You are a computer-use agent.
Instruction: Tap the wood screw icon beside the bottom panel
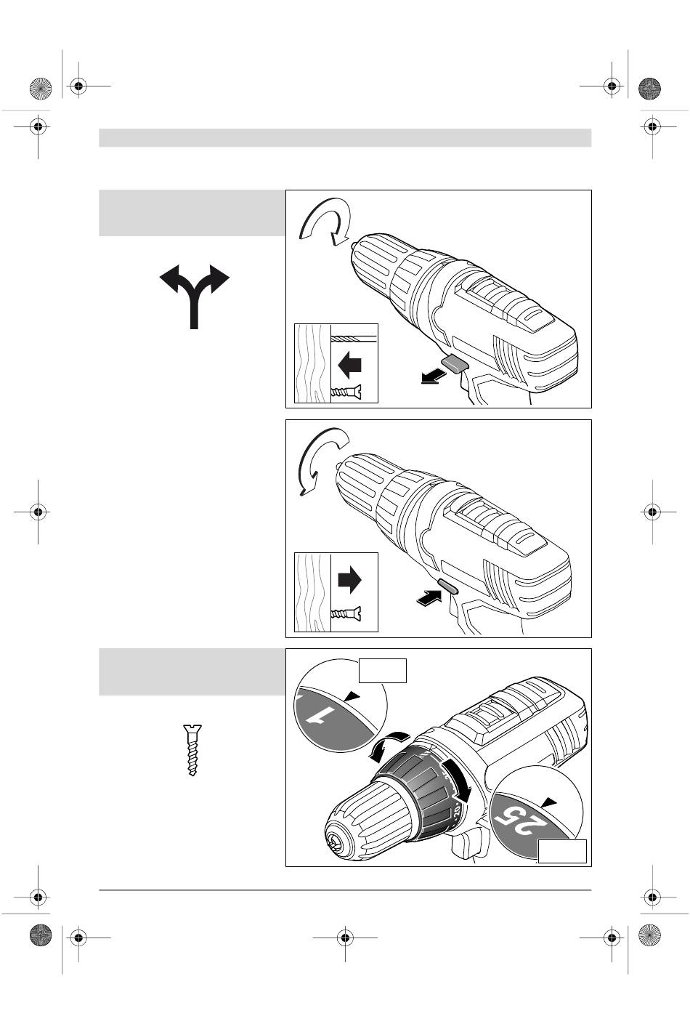point(192,750)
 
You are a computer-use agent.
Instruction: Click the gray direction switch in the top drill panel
point(455,364)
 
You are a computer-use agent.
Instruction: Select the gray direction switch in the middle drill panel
point(448,586)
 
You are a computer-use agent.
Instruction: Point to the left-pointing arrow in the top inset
point(349,365)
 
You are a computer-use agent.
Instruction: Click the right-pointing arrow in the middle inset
point(349,580)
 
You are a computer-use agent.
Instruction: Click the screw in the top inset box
point(346,392)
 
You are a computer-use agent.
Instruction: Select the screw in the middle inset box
point(346,613)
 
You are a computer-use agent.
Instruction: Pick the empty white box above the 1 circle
point(383,671)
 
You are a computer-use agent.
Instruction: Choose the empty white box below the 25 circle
point(562,851)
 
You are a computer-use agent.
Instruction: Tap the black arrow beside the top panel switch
point(433,377)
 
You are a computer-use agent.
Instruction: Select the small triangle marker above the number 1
point(353,696)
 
